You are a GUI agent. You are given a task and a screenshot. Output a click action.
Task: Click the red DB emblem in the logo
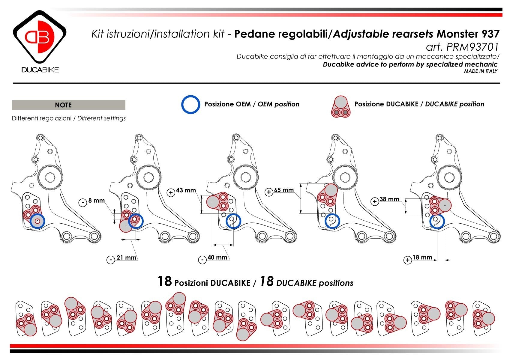pos(40,37)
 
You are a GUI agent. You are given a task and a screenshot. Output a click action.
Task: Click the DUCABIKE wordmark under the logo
pos(40,70)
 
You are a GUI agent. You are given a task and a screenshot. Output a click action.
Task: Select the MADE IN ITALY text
pos(481,71)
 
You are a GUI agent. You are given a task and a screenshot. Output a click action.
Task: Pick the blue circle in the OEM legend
pos(190,104)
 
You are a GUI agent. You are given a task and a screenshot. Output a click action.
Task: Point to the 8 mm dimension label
pos(96,201)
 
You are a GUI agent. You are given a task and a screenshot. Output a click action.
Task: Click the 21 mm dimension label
pos(126,257)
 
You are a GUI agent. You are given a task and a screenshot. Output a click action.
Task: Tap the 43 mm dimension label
pos(186,190)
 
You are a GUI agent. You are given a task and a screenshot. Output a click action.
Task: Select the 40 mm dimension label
pos(217,257)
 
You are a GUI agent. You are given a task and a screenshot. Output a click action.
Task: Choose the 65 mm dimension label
pos(284,190)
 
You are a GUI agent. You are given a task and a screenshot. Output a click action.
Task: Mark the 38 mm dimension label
pos(389,199)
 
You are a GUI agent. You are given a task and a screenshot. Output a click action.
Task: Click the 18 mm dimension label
pos(422,257)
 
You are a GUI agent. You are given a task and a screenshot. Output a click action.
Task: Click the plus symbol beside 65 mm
pos(269,192)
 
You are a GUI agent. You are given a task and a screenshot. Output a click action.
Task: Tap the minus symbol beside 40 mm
pos(202,260)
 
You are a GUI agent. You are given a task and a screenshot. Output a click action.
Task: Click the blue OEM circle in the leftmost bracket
pos(37,221)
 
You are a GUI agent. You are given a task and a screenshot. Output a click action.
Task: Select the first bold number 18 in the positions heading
pos(165,281)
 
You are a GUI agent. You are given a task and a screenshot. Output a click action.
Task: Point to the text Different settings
pos(101,118)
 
